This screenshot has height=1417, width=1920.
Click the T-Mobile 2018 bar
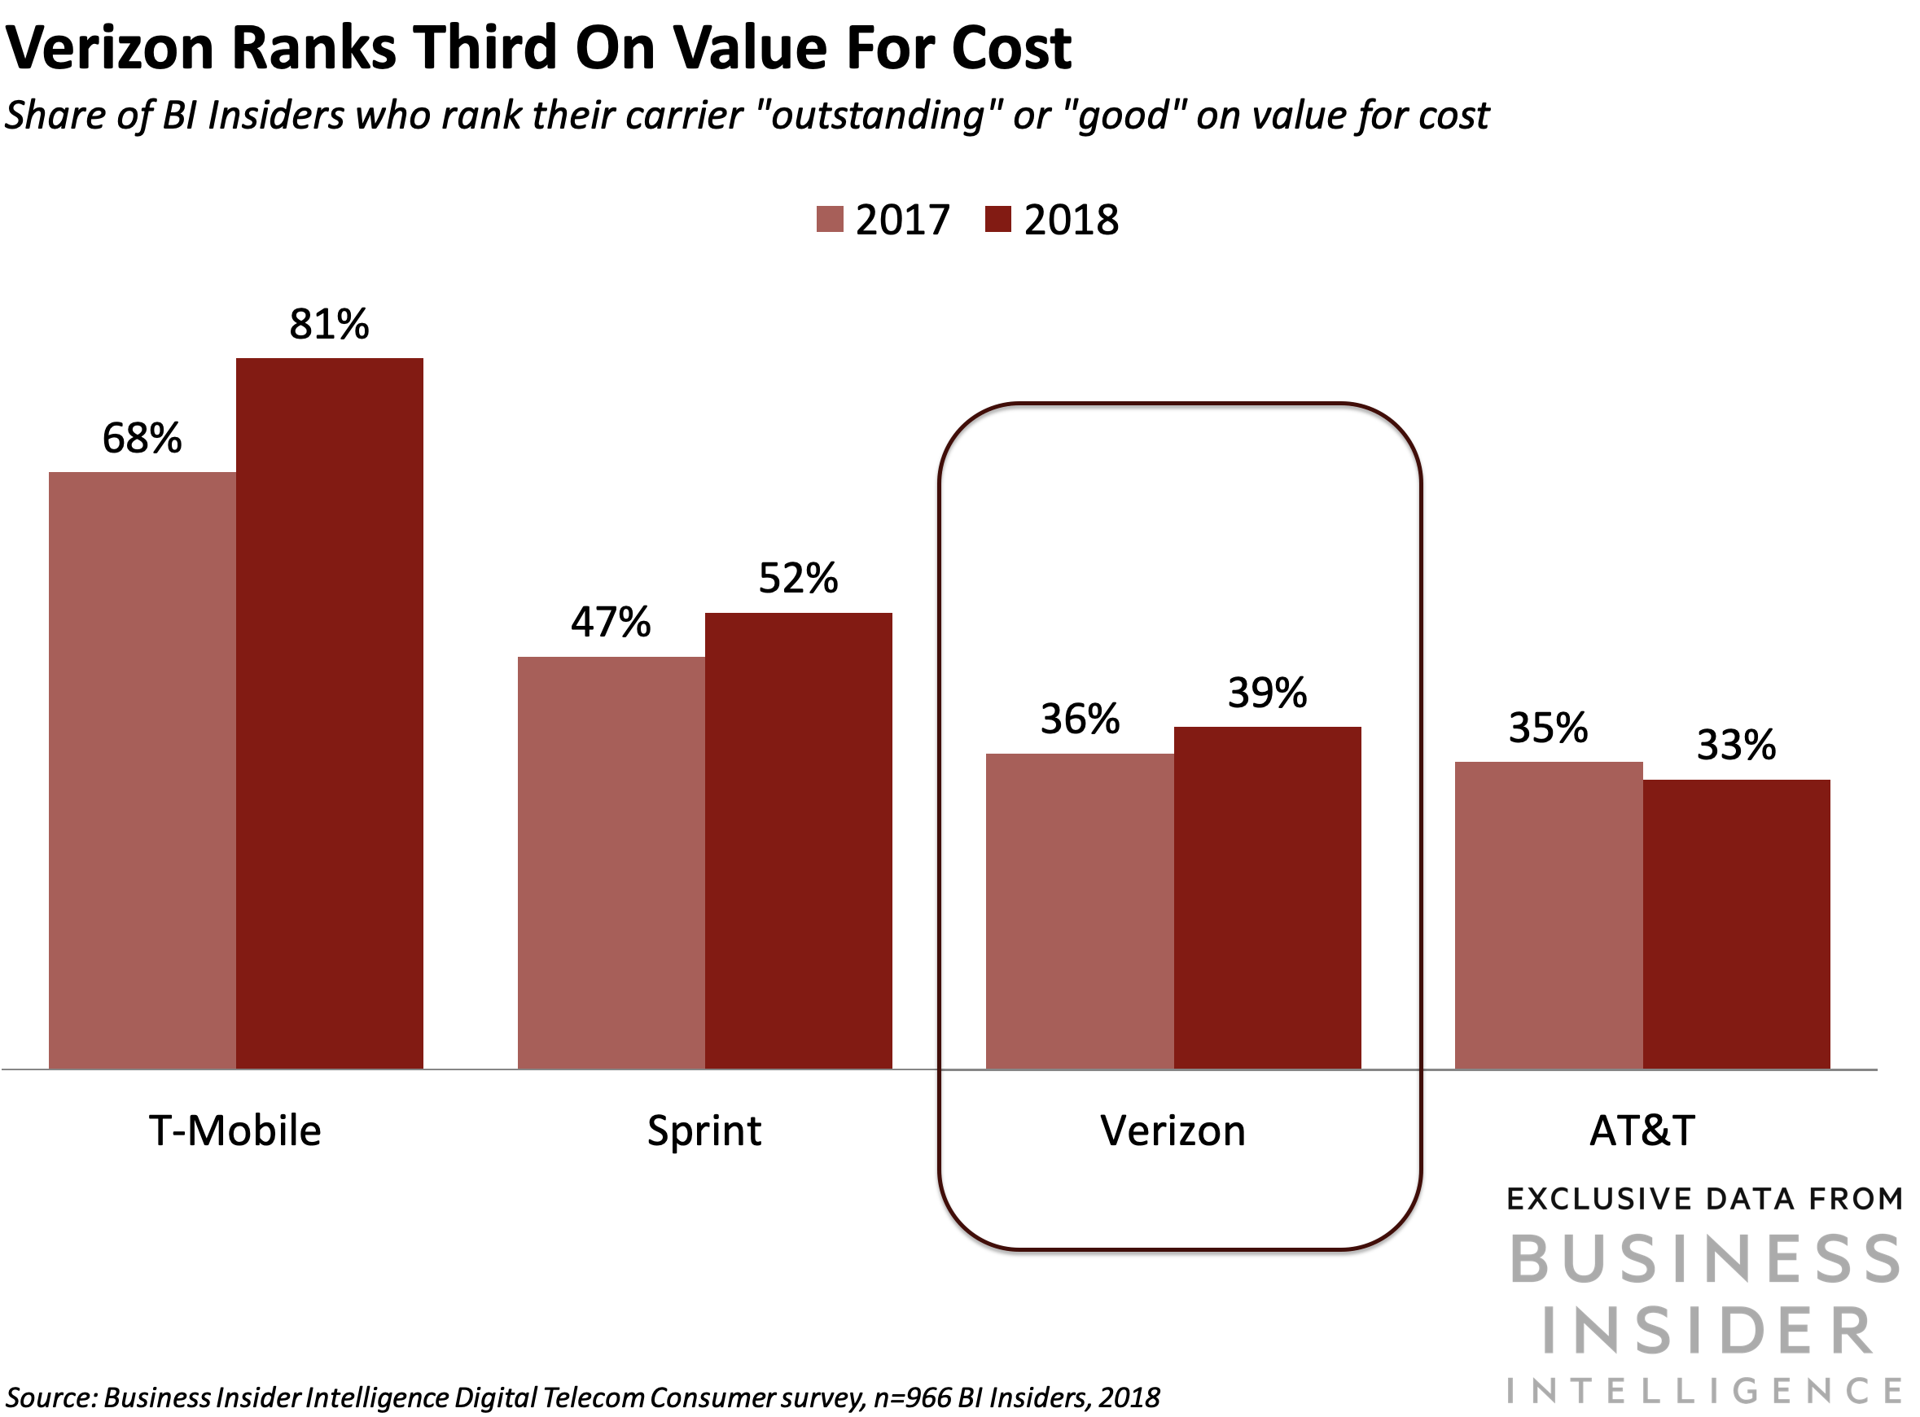click(x=330, y=712)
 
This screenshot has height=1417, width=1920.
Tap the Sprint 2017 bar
click(x=611, y=862)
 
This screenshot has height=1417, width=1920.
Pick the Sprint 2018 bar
click(x=799, y=840)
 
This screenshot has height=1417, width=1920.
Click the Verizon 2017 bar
click(x=1079, y=910)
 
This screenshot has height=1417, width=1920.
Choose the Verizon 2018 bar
click(x=1267, y=897)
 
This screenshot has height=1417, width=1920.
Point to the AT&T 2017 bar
click(x=1549, y=914)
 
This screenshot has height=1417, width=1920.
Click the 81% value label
click(x=330, y=324)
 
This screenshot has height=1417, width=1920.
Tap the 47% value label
click(x=611, y=622)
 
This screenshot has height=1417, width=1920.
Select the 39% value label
click(x=1267, y=692)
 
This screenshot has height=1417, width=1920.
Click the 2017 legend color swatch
click(x=830, y=220)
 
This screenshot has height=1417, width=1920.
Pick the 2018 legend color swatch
click(x=997, y=220)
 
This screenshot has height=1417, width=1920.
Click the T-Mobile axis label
click(x=235, y=1131)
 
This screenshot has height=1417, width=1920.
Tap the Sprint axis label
click(x=704, y=1131)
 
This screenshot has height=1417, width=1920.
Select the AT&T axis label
click(x=1642, y=1131)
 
